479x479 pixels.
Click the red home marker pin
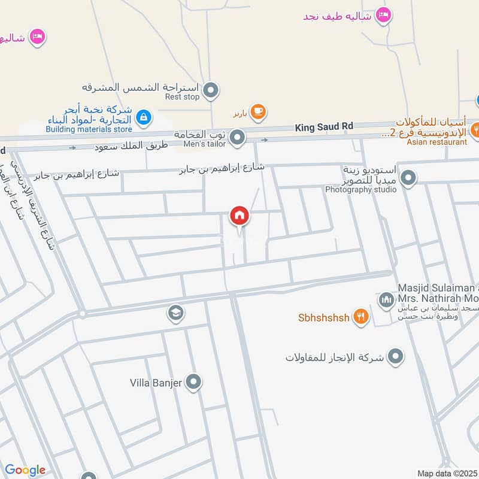(239, 216)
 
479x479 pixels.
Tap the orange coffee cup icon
(259, 111)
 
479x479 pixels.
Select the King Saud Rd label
(324, 126)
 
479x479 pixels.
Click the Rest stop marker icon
(210, 91)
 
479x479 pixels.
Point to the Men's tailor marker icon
(238, 139)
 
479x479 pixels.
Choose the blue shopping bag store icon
(143, 118)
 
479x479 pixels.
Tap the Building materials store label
(89, 129)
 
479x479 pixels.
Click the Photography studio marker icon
(408, 178)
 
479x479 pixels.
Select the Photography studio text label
(360, 190)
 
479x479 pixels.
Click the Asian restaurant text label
(436, 142)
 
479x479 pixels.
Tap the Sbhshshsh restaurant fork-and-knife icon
(360, 317)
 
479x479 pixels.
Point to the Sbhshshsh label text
(323, 317)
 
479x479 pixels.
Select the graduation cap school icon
(175, 313)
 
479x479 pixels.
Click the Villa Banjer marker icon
(193, 382)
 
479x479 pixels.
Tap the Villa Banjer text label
(156, 383)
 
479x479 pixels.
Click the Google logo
(25, 470)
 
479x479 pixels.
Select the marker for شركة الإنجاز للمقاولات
(395, 357)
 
